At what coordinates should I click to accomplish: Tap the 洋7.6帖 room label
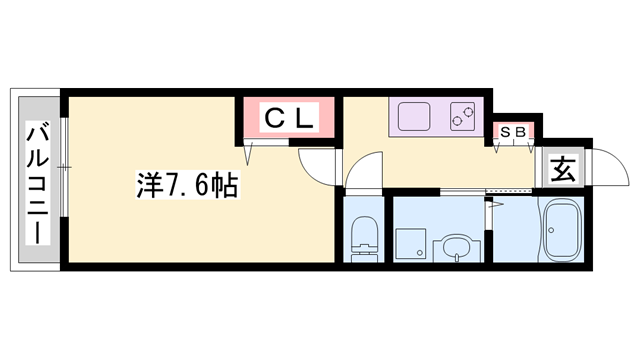pyautogui.click(x=186, y=185)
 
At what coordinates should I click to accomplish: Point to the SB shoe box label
pyautogui.click(x=514, y=131)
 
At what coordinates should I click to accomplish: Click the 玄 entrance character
pyautogui.click(x=563, y=169)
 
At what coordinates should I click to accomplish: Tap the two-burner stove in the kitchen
pyautogui.click(x=463, y=117)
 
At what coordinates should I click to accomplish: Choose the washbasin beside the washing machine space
pyautogui.click(x=456, y=246)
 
